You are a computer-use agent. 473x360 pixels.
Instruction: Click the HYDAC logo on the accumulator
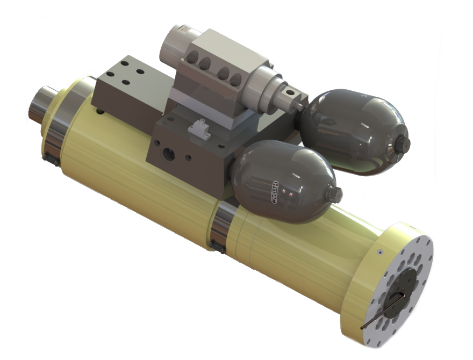[275, 192]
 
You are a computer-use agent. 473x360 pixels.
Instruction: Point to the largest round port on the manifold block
[168, 154]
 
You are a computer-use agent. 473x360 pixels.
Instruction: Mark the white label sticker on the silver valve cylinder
[183, 30]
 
